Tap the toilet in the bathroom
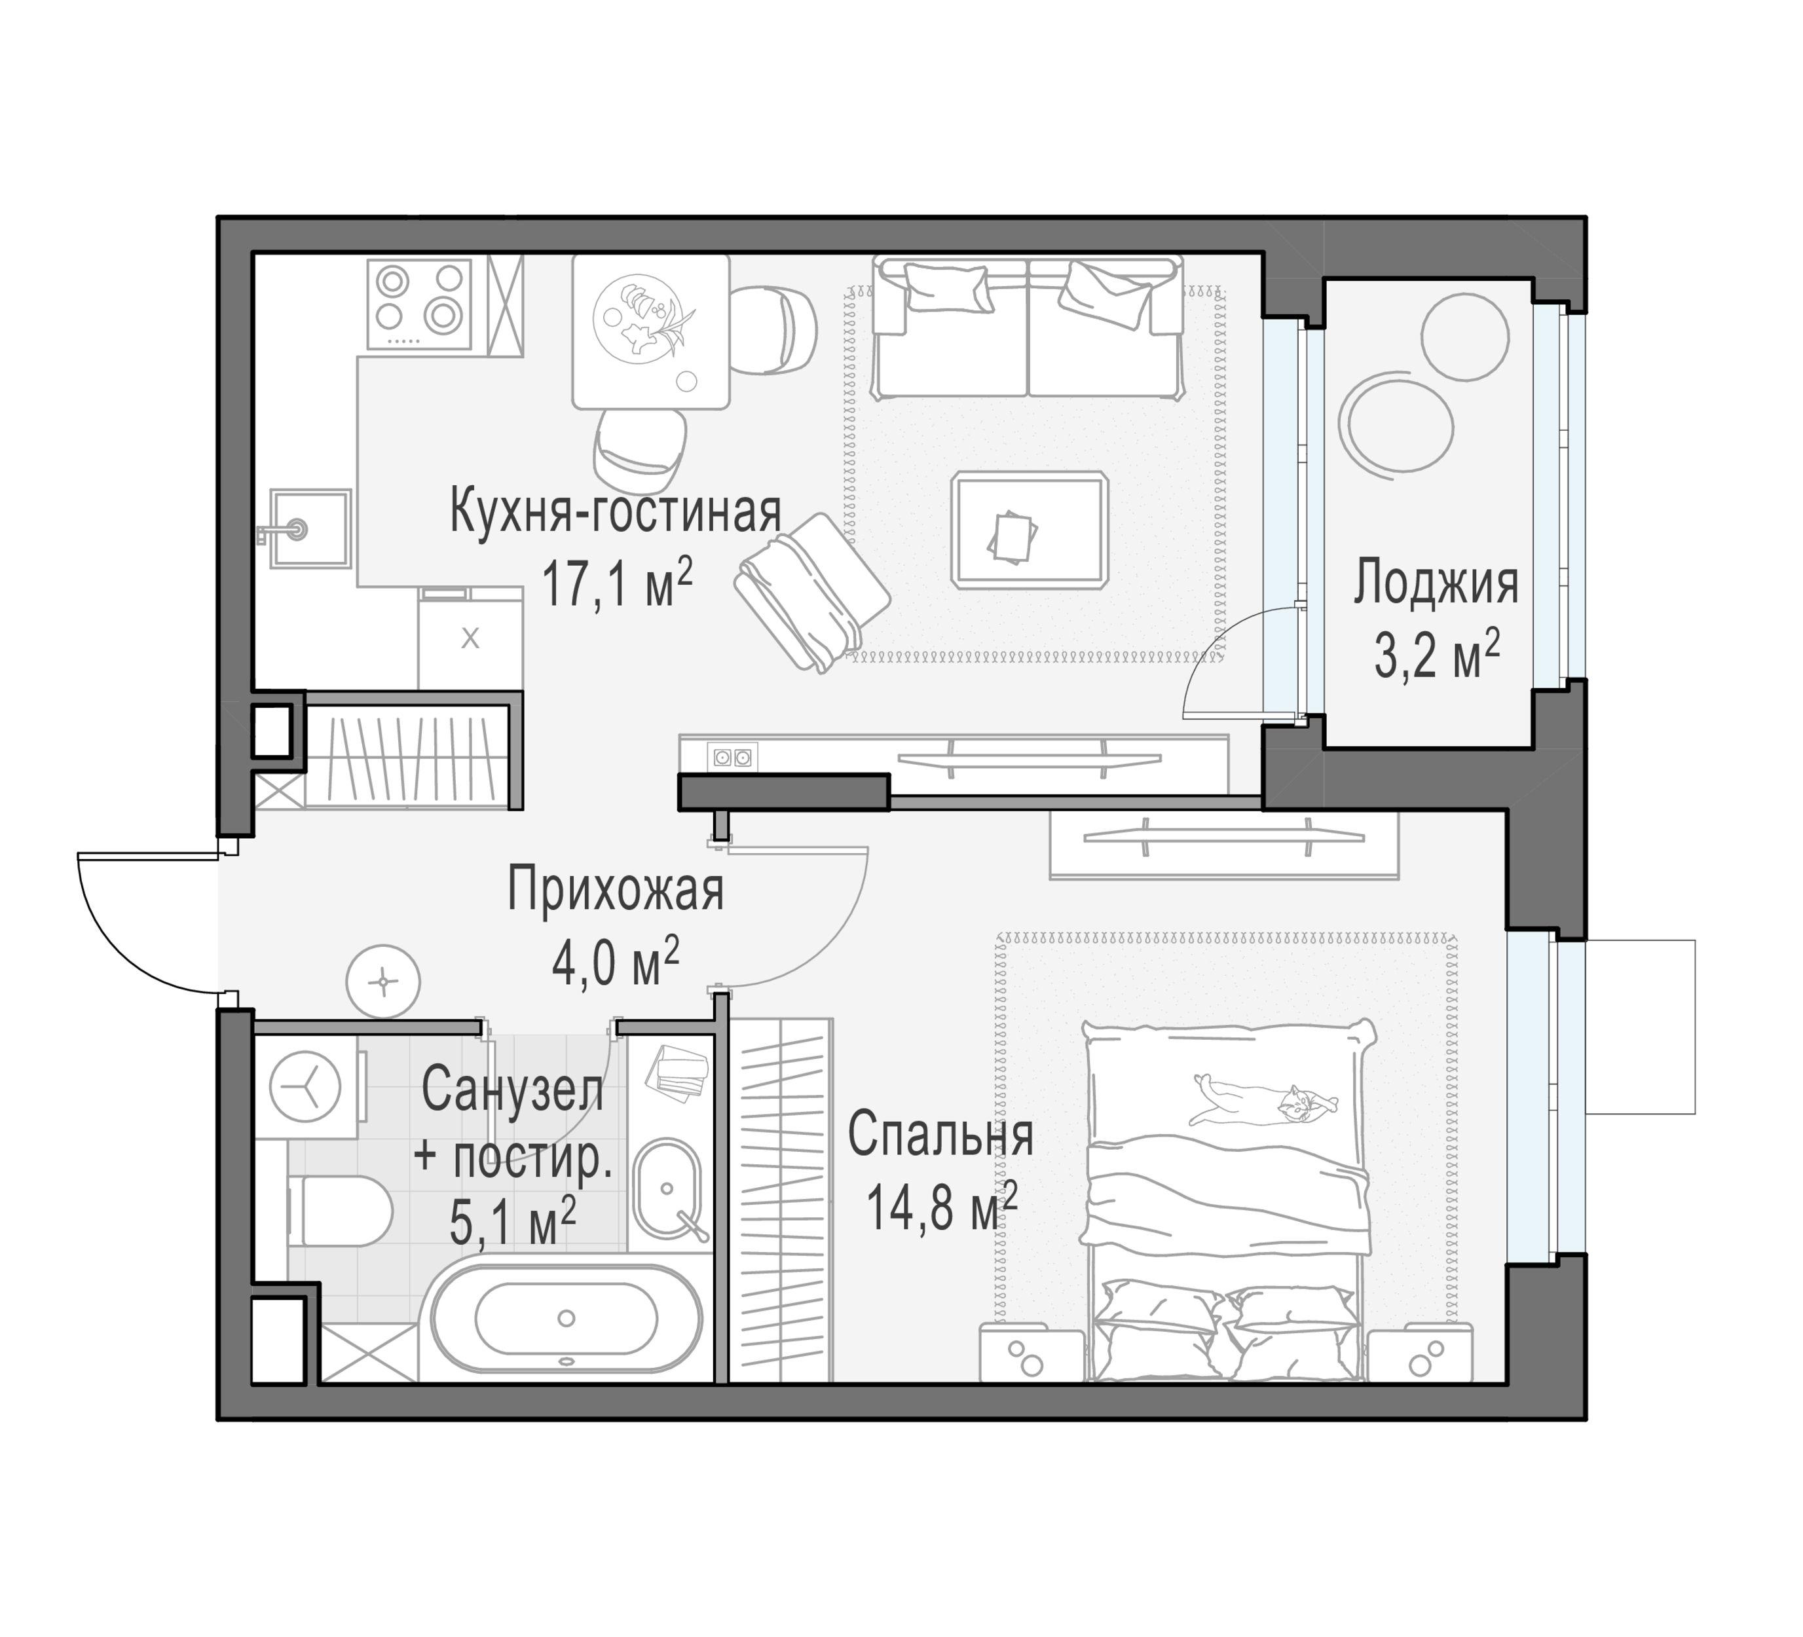click(x=341, y=1211)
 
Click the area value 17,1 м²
click(x=617, y=585)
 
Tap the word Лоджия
click(x=1436, y=584)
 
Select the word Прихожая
click(x=616, y=891)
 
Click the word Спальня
click(x=941, y=1135)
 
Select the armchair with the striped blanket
click(x=812, y=592)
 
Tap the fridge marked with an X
click(x=470, y=638)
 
